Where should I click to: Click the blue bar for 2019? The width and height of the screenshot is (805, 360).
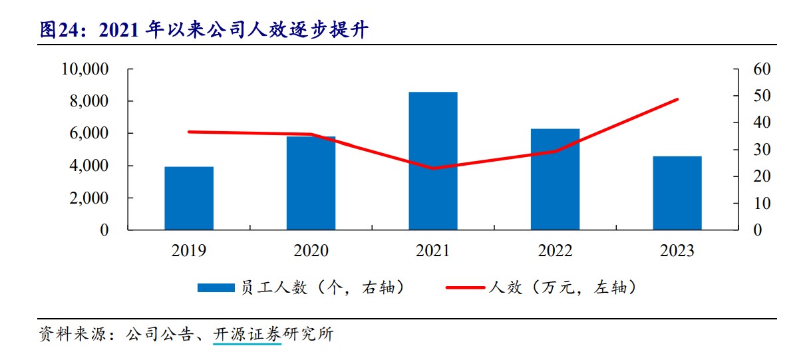(189, 198)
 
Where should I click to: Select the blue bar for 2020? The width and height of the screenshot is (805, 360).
(311, 183)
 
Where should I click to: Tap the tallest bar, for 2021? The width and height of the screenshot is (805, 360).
(433, 161)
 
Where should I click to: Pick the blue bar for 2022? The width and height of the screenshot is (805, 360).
(555, 179)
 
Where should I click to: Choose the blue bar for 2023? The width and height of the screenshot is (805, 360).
(677, 193)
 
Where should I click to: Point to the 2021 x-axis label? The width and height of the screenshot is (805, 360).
(433, 251)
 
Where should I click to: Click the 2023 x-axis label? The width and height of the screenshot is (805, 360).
(677, 251)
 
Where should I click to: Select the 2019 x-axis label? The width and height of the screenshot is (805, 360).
(189, 251)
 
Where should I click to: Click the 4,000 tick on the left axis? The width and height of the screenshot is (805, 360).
(90, 166)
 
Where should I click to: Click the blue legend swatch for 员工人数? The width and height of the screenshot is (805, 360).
(216, 287)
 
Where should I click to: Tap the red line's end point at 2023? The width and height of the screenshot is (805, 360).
(677, 100)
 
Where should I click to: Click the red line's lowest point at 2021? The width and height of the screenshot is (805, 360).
(433, 168)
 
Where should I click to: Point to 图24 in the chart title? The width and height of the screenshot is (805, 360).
(56, 30)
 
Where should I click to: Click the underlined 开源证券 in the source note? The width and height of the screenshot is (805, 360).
(247, 333)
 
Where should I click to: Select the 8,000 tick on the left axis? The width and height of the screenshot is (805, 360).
(90, 101)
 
